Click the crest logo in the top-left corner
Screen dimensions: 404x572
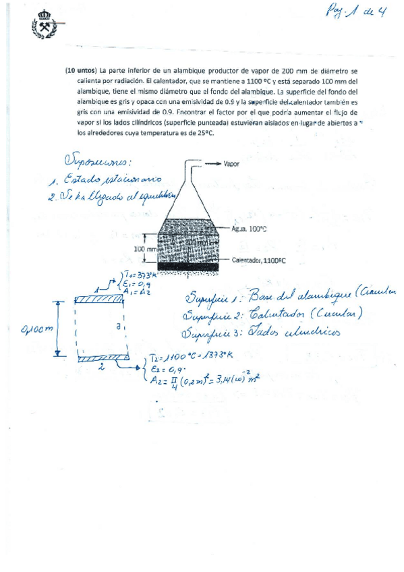pyautogui.click(x=44, y=28)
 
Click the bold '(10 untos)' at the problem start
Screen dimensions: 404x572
pyautogui.click(x=81, y=70)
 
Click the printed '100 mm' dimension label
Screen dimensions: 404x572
pyautogui.click(x=143, y=249)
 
